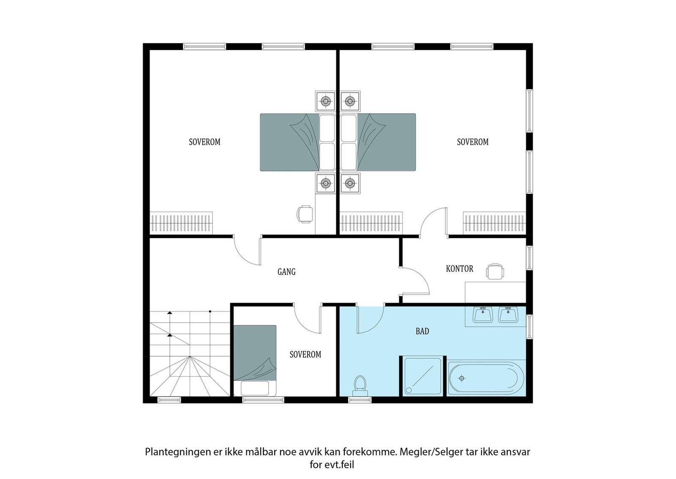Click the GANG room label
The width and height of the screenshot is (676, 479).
coord(286,272)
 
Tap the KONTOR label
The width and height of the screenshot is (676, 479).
coord(459,269)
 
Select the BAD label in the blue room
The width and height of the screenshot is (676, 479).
coord(422,331)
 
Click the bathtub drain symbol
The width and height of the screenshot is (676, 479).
coord(462,378)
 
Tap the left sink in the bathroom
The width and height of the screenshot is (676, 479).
coord(482,315)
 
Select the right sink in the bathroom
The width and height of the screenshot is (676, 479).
coord(508,315)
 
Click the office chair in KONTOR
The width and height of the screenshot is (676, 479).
coord(495,272)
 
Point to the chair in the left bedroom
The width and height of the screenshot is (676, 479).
coord(305,214)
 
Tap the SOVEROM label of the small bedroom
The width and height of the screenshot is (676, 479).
coord(305,355)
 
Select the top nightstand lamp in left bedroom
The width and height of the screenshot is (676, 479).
coord(325,101)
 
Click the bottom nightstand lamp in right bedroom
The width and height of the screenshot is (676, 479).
coord(349,183)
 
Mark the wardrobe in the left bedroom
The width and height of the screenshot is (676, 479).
coord(181,223)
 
